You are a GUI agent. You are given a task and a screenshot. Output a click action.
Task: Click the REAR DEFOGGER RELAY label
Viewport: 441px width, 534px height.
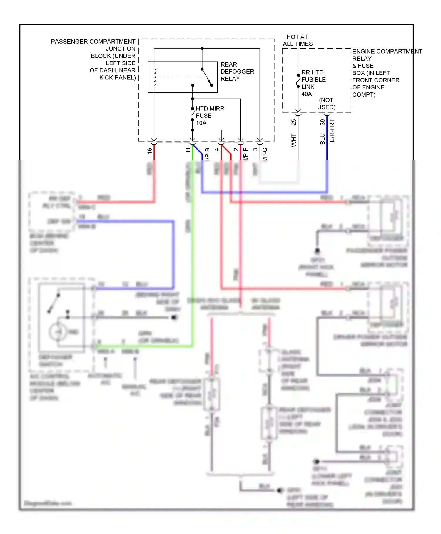coord(237,72)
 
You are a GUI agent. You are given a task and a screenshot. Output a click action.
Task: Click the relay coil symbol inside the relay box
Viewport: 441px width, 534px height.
coord(155,77)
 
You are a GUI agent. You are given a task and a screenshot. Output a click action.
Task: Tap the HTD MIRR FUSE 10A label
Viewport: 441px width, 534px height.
coord(210,116)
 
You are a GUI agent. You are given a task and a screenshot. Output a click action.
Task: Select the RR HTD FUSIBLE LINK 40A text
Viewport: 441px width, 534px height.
coord(313,83)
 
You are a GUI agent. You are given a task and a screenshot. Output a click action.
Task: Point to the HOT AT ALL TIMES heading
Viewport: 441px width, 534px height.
coord(298,40)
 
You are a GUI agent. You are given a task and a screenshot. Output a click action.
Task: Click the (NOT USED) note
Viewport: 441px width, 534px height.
coord(326,104)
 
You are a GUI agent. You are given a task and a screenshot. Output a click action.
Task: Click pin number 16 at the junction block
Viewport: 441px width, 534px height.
coord(149,150)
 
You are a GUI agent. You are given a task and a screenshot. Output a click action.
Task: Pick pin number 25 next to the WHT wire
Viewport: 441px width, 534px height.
coord(293,122)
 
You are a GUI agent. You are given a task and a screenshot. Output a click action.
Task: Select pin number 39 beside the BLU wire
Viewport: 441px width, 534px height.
coord(322,122)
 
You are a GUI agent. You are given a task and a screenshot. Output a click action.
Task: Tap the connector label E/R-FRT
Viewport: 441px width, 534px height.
coord(332,131)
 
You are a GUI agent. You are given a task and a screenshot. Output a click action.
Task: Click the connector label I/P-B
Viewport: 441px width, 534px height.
coord(207,154)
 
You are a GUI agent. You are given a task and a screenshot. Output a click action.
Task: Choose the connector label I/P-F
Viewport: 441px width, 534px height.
coord(246,154)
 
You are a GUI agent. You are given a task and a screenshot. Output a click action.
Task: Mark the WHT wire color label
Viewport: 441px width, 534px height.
coord(293,140)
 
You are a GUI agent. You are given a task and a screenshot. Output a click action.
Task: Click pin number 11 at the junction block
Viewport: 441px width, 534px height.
coord(188,150)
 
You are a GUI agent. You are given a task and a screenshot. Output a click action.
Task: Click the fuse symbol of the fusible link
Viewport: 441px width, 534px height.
coord(298,81)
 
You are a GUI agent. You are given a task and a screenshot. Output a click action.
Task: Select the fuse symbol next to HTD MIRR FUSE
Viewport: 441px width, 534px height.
coord(192,114)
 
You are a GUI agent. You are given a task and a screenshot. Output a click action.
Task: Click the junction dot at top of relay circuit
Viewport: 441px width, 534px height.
coord(202,48)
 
